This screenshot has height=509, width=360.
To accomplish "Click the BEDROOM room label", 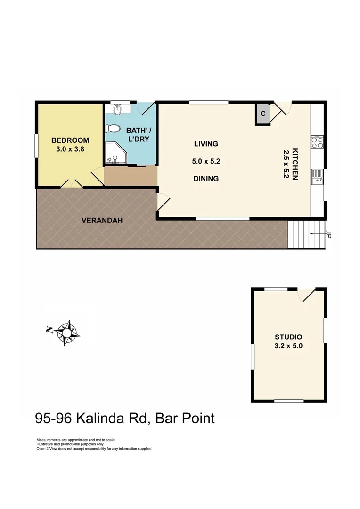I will tap(70, 140).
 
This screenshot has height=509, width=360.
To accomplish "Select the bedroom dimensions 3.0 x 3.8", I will tap(70, 148).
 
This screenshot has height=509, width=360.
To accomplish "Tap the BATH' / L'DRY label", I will tap(139, 135).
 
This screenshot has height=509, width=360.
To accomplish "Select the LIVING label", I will tap(206, 144).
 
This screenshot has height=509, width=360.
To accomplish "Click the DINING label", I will tap(206, 179).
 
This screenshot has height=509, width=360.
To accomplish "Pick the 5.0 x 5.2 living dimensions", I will tap(206, 161).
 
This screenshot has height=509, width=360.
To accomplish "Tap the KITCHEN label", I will tap(295, 164).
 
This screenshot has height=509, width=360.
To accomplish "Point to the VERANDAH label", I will tap(98, 220).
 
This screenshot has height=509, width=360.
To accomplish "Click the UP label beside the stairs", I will tap(328, 233).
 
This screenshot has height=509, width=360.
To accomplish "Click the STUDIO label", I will tap(288, 337).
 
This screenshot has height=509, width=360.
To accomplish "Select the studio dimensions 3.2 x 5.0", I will tap(288, 345).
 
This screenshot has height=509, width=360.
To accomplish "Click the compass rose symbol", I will tap(66, 332).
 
